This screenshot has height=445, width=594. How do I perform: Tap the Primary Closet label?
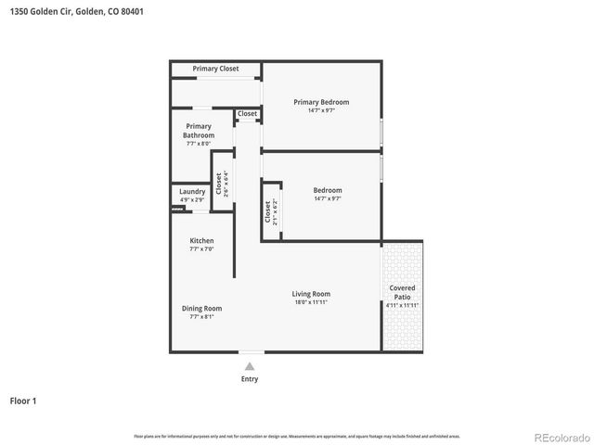pyautogui.click(x=215, y=69)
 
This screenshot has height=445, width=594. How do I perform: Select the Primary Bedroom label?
pyautogui.click(x=321, y=102)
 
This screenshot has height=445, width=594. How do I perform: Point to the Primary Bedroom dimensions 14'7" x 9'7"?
pyautogui.click(x=321, y=110)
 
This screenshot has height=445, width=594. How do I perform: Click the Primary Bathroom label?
pyautogui.click(x=199, y=131)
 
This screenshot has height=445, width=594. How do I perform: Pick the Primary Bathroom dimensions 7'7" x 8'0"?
pyautogui.click(x=199, y=144)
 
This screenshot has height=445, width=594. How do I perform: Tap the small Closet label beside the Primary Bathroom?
pyautogui.click(x=247, y=114)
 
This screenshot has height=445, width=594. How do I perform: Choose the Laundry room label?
pyautogui.click(x=192, y=192)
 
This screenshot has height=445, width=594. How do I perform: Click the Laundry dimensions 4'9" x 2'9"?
pyautogui.click(x=192, y=200)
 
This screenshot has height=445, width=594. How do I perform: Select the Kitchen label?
pyautogui.click(x=201, y=241)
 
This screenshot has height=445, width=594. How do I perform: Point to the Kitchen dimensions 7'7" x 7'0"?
pyautogui.click(x=201, y=249)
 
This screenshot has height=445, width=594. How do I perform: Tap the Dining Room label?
pyautogui.click(x=201, y=309)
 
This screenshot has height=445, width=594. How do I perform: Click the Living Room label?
pyautogui.click(x=312, y=294)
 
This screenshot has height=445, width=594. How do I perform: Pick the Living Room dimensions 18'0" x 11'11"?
pyautogui.click(x=312, y=302)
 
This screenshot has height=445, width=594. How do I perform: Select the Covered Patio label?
pyautogui.click(x=402, y=292)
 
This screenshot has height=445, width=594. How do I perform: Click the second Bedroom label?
pyautogui.click(x=328, y=190)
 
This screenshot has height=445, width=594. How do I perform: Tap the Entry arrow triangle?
pyautogui.click(x=250, y=367)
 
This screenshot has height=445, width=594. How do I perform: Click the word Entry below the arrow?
pyautogui.click(x=250, y=379)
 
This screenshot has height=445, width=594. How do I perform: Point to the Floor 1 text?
pyautogui.click(x=23, y=401)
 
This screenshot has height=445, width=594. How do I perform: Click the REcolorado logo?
pyautogui.click(x=561, y=437)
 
